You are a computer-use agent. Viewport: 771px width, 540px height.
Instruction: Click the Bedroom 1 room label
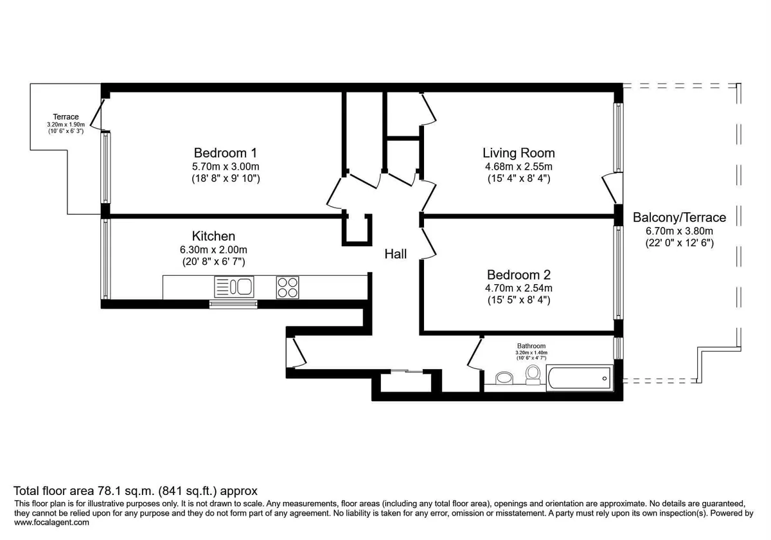click(x=225, y=153)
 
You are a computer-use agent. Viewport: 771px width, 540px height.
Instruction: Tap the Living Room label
click(x=518, y=153)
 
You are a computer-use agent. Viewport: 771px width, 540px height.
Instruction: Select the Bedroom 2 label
click(x=518, y=275)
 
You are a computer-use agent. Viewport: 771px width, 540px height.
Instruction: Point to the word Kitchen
click(x=213, y=237)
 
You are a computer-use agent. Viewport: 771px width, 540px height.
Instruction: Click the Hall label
click(x=396, y=254)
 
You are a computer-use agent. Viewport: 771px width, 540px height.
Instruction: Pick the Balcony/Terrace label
click(x=680, y=218)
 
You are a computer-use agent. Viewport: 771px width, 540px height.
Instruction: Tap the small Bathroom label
click(x=531, y=346)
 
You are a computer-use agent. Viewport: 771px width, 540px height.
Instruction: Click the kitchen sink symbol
click(x=234, y=287)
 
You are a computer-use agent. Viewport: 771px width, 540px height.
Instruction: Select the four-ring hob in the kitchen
click(x=287, y=287)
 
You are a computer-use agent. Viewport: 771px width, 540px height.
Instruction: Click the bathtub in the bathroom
click(x=580, y=378)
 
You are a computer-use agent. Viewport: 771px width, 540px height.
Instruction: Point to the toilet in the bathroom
click(x=533, y=375)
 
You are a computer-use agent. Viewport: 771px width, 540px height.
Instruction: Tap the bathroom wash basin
click(x=504, y=378)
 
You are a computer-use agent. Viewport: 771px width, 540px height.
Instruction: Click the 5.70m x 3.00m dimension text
click(x=226, y=166)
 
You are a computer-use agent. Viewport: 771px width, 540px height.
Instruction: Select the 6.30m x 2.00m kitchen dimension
click(x=213, y=249)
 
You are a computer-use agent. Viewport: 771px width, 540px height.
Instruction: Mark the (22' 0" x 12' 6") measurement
click(x=680, y=243)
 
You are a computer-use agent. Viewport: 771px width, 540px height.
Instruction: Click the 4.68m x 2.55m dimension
click(x=518, y=166)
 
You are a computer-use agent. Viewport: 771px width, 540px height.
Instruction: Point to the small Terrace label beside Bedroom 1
click(x=66, y=117)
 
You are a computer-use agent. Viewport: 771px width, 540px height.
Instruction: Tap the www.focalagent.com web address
click(x=51, y=523)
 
